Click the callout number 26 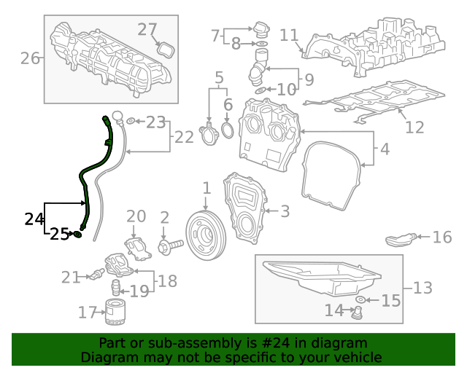tap(30, 58)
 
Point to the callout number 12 tap(414, 127)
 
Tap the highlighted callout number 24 tap(34, 219)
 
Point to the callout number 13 tap(422, 288)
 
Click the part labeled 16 tap(402, 239)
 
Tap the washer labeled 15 tap(360, 299)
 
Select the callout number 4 tap(384, 151)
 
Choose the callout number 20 tap(136, 216)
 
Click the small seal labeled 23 tap(130, 120)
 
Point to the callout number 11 tap(289, 35)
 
